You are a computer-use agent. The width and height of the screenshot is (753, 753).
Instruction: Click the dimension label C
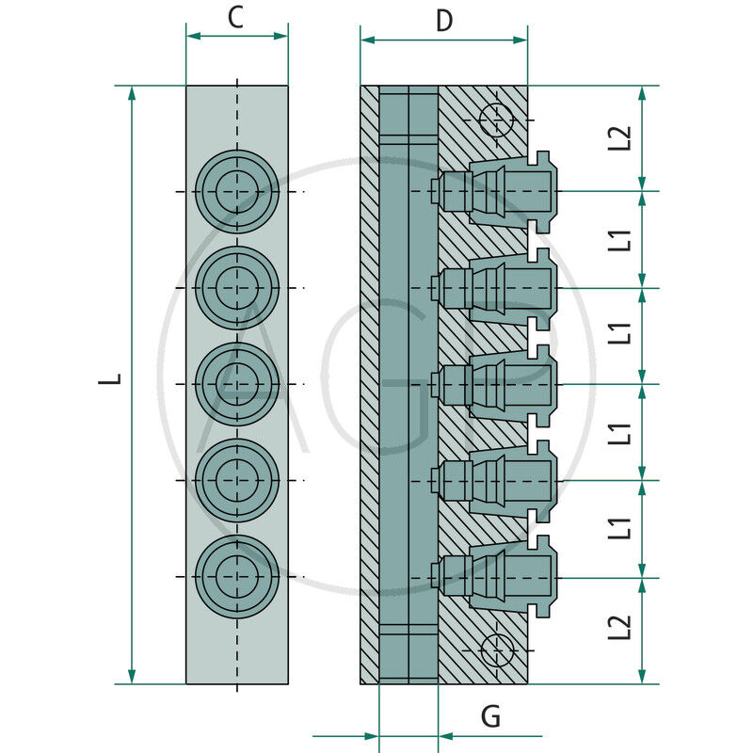(236, 18)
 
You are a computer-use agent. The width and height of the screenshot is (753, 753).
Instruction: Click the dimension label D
(443, 21)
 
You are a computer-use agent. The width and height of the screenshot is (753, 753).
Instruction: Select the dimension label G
(490, 717)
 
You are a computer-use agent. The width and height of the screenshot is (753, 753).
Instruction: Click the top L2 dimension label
(618, 137)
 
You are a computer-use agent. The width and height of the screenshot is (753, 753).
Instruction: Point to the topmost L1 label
(618, 239)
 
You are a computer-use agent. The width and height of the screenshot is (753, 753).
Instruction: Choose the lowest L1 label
(618, 529)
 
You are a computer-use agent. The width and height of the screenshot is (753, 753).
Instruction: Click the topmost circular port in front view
(237, 192)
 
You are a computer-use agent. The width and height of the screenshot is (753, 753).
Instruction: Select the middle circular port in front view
(237, 384)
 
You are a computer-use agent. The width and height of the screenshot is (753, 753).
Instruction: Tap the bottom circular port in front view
(237, 576)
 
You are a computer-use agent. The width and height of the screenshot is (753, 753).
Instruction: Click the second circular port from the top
(237, 288)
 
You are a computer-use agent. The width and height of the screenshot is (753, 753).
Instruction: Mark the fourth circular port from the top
(237, 480)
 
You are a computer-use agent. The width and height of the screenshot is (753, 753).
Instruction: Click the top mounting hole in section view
(495, 120)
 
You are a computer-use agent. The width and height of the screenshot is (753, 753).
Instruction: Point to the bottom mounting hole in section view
(495, 649)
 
